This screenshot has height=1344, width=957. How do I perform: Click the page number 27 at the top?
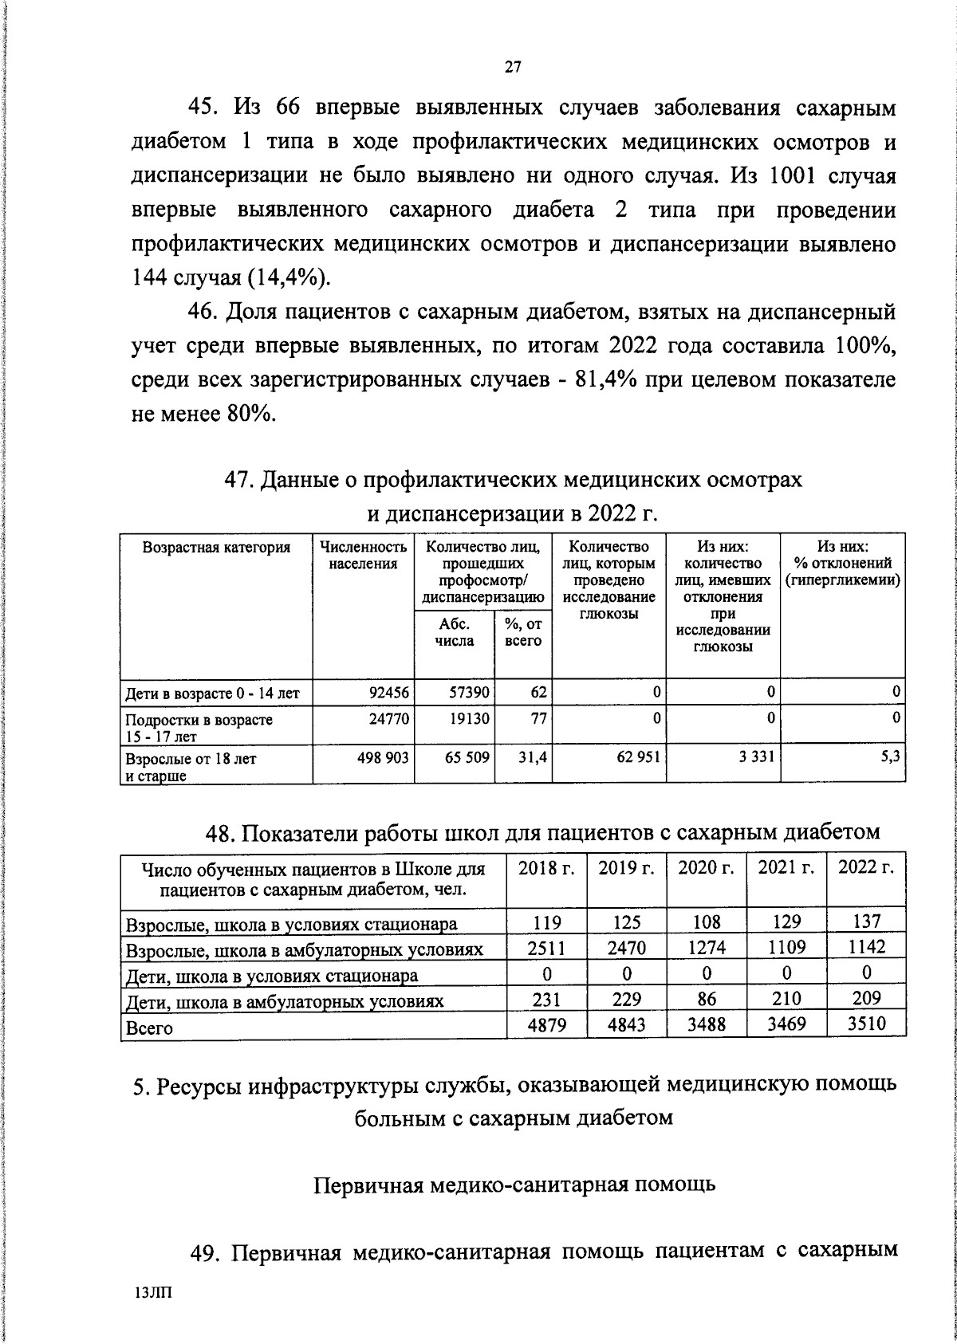[512, 67]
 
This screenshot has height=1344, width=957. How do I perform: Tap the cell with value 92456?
[387, 692]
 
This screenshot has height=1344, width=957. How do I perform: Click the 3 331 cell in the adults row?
[754, 756]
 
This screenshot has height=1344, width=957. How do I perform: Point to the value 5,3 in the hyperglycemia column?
[891, 756]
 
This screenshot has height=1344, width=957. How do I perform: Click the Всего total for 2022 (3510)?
[866, 1024]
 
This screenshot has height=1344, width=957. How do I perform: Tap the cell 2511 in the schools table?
[546, 947]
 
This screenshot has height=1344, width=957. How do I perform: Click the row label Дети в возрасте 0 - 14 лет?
[210, 694]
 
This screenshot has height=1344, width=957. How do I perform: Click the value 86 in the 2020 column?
[706, 998]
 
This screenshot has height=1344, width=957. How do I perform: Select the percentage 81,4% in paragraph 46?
[608, 380]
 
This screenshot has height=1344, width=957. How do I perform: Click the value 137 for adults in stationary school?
[866, 922]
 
